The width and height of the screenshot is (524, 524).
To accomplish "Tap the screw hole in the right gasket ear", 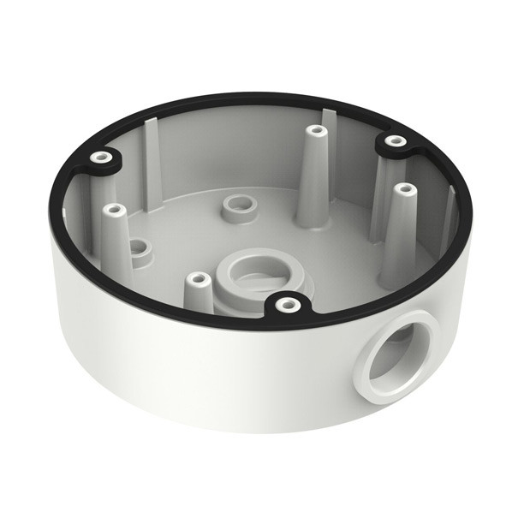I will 394,140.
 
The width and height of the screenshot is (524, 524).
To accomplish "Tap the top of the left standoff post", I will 110,208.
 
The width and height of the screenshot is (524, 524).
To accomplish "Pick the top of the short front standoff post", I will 198,279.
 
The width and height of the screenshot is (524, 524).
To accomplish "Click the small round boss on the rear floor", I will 234,205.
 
